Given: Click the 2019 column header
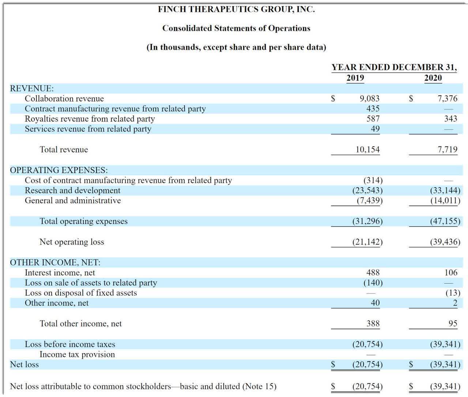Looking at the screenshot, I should click(355, 78).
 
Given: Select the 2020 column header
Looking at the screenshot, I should click(433, 78).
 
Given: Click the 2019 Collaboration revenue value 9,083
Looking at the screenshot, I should click(369, 99).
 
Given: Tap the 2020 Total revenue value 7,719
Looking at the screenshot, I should click(447, 150).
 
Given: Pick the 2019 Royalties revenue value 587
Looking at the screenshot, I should click(373, 119).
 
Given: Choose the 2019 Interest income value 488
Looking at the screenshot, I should click(373, 273).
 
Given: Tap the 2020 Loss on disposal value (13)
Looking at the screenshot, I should click(453, 293).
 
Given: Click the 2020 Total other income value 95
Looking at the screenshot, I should click(453, 324).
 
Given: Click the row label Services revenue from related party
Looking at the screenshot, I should click(88, 129).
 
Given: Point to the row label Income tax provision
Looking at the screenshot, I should click(77, 355).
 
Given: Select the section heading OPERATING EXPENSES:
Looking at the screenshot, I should click(59, 170).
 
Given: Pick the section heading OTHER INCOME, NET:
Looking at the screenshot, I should click(55, 262).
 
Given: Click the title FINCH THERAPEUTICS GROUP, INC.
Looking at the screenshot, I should click(236, 10).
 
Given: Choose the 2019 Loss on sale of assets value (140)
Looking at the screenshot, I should click(373, 283).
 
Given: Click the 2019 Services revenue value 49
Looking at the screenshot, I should click(375, 129).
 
